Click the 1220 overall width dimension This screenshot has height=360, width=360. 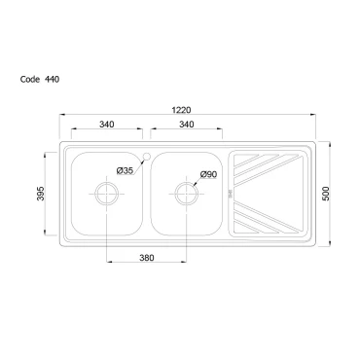[181, 110]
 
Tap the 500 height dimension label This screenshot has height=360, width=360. [325, 194]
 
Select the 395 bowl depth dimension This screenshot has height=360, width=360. [41, 194]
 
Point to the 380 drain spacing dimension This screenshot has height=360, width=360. [147, 258]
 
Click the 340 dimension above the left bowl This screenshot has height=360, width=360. [107, 125]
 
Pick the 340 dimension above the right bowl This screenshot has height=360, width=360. [187, 125]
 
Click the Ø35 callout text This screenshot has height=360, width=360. [126, 170]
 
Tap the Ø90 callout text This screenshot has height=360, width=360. [208, 174]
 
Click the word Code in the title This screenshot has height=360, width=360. [30, 80]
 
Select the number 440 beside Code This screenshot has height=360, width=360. [52, 80]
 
